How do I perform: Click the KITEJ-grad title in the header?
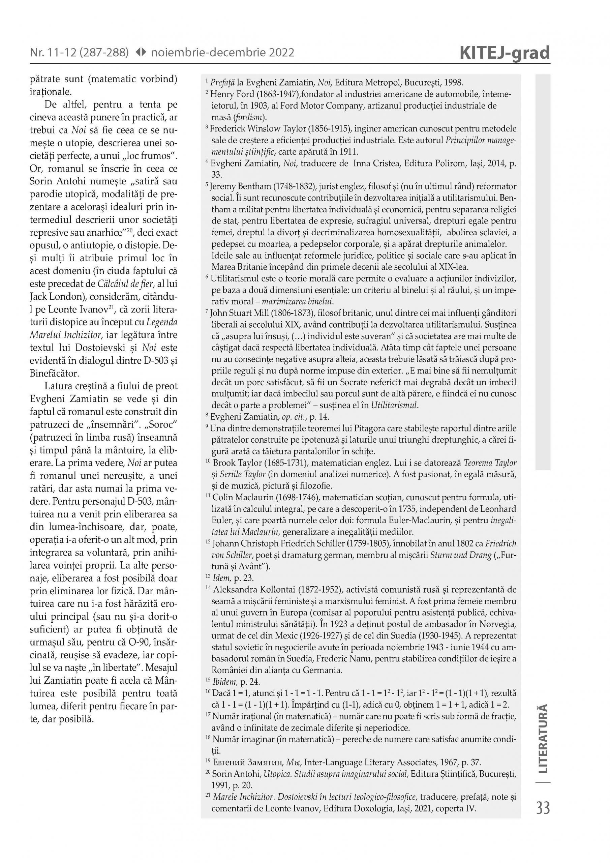(x=505, y=53)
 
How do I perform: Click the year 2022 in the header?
(x=281, y=53)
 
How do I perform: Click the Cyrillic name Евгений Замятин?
(x=247, y=763)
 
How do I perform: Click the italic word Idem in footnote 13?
(x=219, y=578)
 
